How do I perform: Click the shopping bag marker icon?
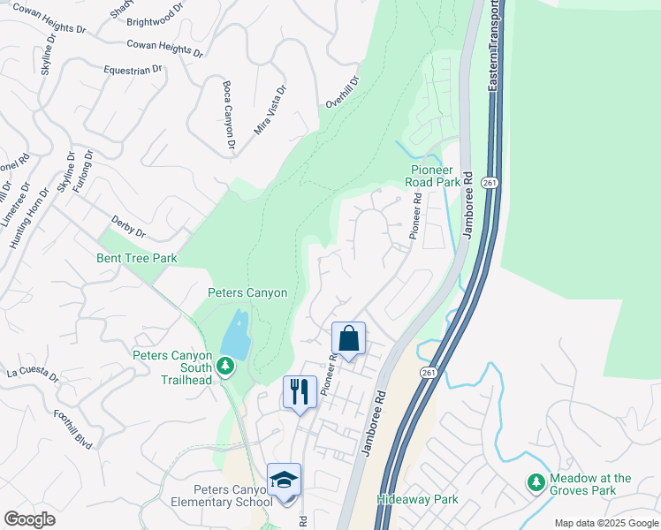[349, 338]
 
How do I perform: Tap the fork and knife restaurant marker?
[300, 391]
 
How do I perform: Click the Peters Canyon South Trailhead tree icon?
[226, 365]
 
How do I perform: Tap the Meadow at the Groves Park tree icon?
[535, 482]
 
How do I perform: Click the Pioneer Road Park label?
[433, 176]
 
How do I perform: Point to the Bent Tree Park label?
[137, 259]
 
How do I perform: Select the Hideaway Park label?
[417, 499]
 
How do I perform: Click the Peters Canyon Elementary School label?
[233, 496]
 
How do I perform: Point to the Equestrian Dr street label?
[133, 68]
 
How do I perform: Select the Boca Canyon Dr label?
[229, 115]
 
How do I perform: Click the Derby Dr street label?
[128, 226]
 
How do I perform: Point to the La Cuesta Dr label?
[32, 374]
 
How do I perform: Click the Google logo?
[30, 519]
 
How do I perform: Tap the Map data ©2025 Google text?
[606, 523]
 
